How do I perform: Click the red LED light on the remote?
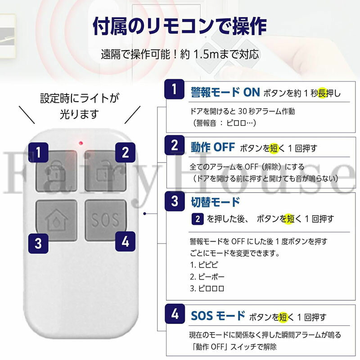(81, 143)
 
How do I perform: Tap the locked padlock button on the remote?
(57, 171)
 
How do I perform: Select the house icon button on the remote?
(57, 220)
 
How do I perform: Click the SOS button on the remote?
(106, 220)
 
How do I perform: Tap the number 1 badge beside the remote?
(38, 152)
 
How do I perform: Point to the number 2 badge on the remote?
(125, 153)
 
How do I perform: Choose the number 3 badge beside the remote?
(38, 243)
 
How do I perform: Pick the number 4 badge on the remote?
(125, 241)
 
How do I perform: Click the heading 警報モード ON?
(225, 92)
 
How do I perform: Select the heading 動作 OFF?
(212, 147)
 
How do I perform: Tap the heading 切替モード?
(215, 202)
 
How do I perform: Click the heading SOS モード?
(218, 316)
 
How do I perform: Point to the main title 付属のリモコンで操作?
(180, 26)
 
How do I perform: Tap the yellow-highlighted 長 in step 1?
(322, 93)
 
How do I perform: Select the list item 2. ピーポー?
(207, 277)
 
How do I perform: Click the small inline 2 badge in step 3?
(198, 219)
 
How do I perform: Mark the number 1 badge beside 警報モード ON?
(175, 89)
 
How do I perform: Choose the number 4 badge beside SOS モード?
(175, 314)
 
